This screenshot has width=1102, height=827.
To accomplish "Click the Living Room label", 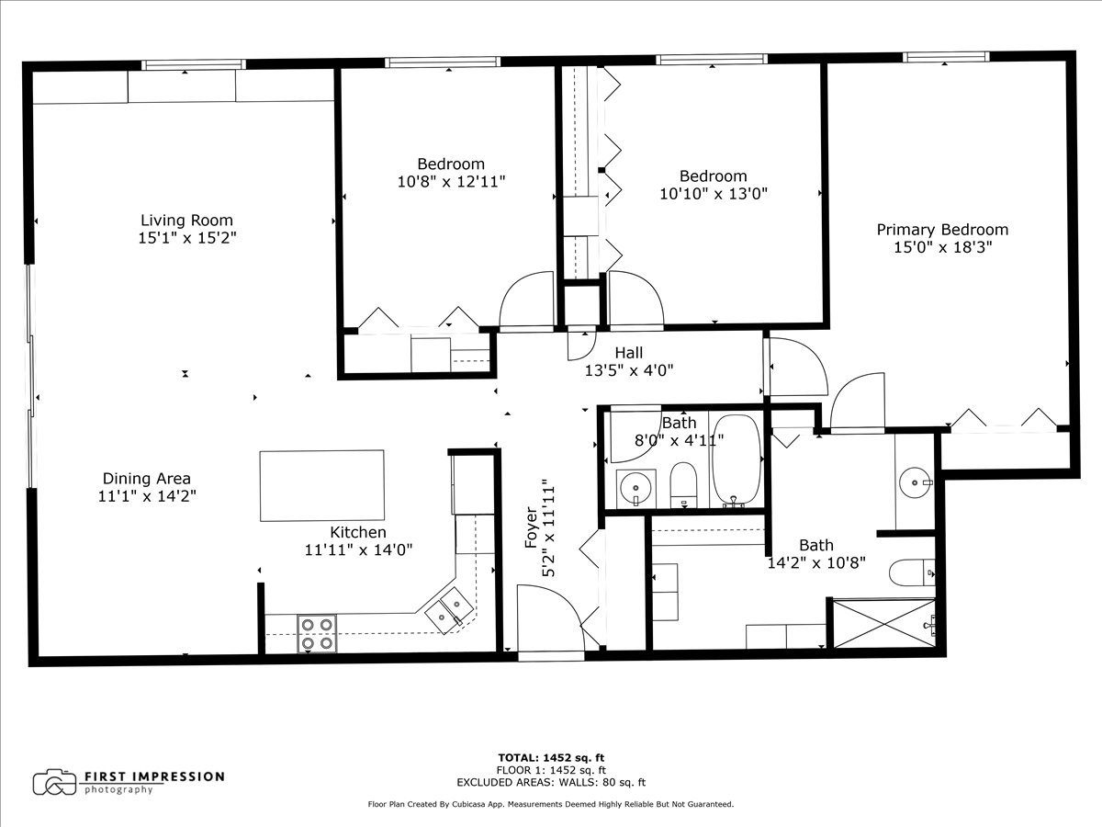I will tap(186, 221).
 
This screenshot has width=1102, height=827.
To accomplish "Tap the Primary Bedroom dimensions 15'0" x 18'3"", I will tap(941, 247).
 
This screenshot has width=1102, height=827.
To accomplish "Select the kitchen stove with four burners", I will tap(317, 633).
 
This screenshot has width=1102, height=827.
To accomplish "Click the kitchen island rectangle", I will tap(321, 484).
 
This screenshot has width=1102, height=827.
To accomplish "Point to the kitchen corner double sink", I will tap(449, 609).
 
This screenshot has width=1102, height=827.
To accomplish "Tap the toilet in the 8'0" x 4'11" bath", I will tap(683, 484).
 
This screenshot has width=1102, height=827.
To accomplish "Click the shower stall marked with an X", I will tap(883, 623).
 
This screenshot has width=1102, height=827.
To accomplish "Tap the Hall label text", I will tap(629, 353).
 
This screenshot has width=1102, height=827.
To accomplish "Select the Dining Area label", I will tap(147, 479).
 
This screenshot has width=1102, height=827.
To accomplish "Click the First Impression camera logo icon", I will tap(54, 782).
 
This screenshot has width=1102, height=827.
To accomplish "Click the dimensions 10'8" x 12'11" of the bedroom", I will tap(451, 182).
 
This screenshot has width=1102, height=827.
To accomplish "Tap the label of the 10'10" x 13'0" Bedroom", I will tap(713, 176).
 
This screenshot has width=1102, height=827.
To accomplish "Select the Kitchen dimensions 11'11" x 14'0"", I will tap(358, 550).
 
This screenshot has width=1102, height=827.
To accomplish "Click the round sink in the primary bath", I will tap(915, 480).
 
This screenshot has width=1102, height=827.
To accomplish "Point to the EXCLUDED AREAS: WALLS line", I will tap(551, 783).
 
